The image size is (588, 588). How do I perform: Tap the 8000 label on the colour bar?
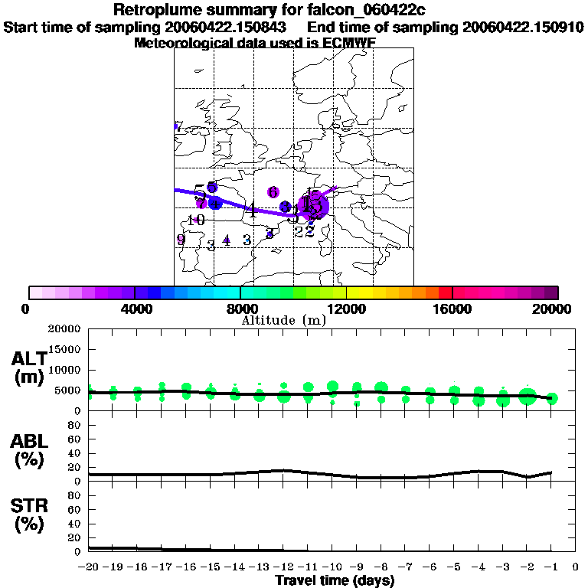(240, 309)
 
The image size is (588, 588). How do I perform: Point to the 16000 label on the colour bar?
(452, 309)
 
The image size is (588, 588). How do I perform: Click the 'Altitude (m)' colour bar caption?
(283, 320)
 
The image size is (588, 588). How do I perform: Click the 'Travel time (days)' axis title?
(335, 581)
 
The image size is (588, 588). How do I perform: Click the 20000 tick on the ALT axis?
(65, 329)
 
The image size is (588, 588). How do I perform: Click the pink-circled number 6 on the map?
(273, 192)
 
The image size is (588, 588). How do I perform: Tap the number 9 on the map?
(181, 239)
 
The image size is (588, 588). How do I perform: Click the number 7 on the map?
(178, 127)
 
